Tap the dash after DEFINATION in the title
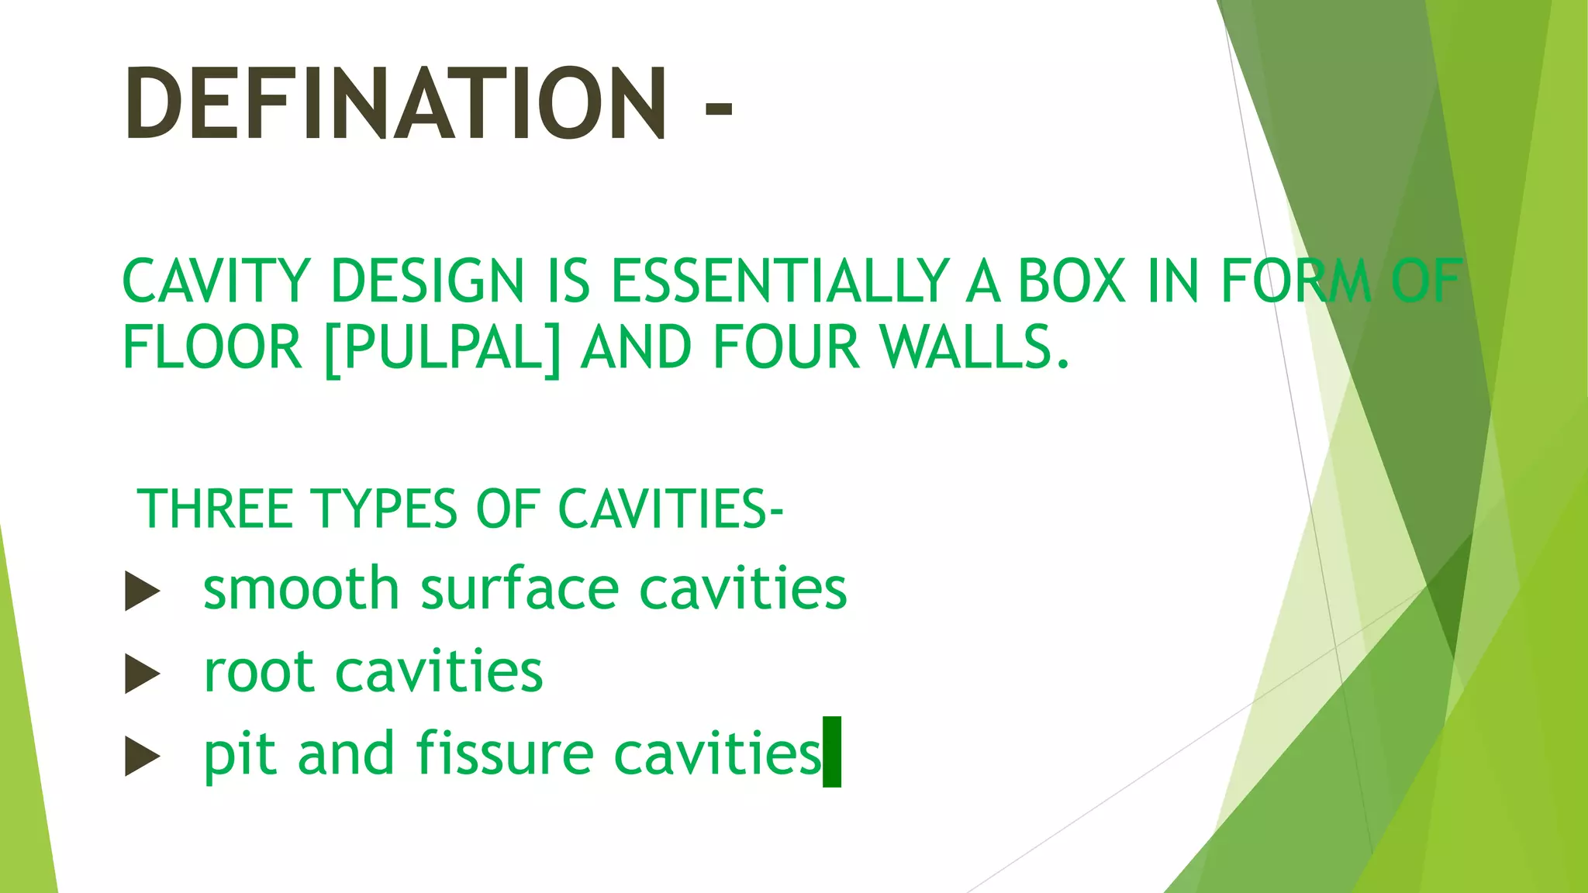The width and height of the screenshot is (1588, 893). [x=718, y=109]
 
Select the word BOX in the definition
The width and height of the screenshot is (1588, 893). [x=1071, y=281]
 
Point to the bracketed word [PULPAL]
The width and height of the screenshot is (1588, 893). [x=442, y=348]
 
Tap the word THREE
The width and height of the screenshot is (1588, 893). [x=215, y=509]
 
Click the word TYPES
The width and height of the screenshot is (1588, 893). [x=384, y=509]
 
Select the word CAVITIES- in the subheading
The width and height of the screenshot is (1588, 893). [x=671, y=509]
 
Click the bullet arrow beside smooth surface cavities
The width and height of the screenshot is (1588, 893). [x=142, y=592]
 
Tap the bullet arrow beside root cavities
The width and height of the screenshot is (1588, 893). [x=142, y=674]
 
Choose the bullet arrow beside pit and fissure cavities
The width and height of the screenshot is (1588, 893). [x=142, y=756]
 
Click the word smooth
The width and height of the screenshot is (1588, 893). [x=301, y=588]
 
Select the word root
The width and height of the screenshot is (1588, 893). [x=258, y=672]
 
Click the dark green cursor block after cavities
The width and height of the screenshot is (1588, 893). [x=832, y=752]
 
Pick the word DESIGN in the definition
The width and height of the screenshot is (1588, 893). [x=427, y=281]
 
